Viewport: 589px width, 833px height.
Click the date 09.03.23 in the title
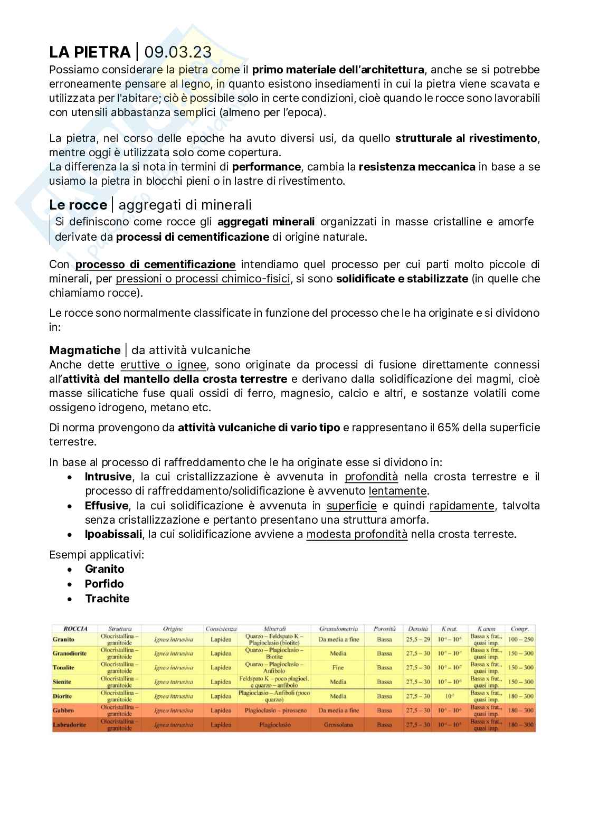point(178,52)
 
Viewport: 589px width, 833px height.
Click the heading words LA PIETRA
point(90,52)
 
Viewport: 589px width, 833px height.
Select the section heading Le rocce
point(78,205)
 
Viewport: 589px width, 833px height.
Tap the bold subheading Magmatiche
point(84,350)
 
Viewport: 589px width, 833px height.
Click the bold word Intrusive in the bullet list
point(108,477)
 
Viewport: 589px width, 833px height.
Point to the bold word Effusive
point(107,506)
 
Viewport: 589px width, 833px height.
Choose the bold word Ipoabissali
point(113,534)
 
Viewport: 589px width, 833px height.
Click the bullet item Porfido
point(104,584)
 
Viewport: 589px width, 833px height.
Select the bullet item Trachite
point(107,599)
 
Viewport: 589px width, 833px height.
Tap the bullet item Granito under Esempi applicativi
point(104,569)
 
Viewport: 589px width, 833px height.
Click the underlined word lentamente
point(398,491)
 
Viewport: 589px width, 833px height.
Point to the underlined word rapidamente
point(462,506)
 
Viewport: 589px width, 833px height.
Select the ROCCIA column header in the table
point(75,629)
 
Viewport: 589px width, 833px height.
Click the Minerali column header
point(274,629)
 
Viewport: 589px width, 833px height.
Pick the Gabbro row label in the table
point(63,711)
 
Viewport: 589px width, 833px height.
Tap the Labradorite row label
point(69,725)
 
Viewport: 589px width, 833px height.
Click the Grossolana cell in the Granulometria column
point(338,725)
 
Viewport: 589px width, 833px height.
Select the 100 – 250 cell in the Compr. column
point(520,639)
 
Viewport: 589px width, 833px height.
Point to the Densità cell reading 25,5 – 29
point(418,639)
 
